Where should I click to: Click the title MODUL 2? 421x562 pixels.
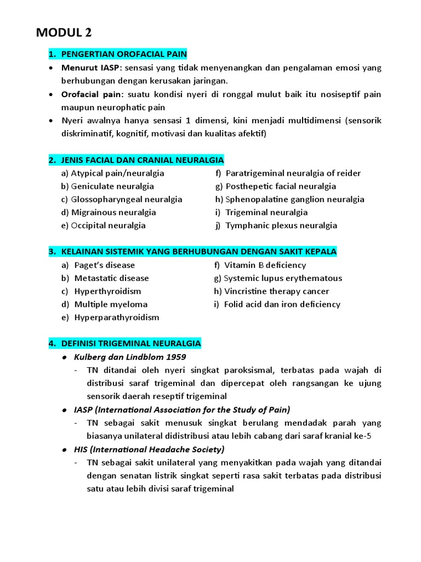pyautogui.click(x=64, y=33)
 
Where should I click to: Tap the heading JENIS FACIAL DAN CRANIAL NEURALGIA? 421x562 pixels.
pyautogui.click(x=142, y=160)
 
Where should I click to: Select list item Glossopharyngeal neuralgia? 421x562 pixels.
pyautogui.click(x=127, y=200)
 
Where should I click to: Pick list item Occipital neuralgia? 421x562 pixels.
pyautogui.click(x=108, y=226)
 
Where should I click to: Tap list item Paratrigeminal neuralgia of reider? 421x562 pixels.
pyautogui.click(x=293, y=173)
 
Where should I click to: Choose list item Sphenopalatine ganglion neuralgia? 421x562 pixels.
pyautogui.click(x=294, y=200)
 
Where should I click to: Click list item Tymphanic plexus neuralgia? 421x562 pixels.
pyautogui.click(x=281, y=226)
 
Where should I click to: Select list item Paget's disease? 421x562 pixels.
pyautogui.click(x=104, y=265)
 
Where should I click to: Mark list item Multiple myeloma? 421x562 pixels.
pyautogui.click(x=111, y=305)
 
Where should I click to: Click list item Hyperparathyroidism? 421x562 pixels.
pyautogui.click(x=117, y=318)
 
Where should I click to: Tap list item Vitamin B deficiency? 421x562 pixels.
pyautogui.click(x=265, y=265)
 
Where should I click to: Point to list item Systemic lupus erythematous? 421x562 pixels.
pyautogui.click(x=283, y=278)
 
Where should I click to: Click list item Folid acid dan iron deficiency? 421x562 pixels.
pyautogui.click(x=282, y=305)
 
